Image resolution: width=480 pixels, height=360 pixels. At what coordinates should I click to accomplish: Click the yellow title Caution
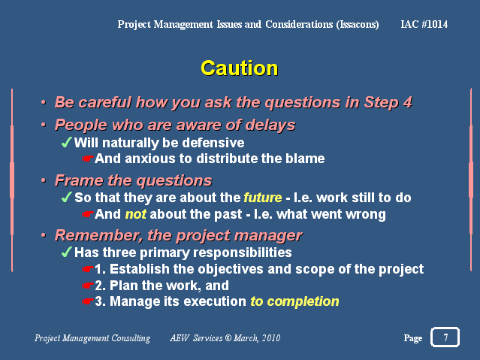(x=240, y=68)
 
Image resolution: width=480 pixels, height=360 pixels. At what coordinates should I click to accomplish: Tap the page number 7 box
(x=445, y=337)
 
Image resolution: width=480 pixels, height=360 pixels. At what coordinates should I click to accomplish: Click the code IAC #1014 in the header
(x=424, y=24)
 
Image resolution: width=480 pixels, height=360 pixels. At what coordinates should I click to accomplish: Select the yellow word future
(x=263, y=198)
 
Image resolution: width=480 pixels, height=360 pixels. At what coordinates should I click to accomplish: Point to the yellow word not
(x=136, y=214)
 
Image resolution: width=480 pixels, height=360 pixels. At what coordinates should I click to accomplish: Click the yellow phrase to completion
(x=294, y=301)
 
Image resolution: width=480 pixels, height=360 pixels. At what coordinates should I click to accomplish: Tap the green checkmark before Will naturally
(x=66, y=143)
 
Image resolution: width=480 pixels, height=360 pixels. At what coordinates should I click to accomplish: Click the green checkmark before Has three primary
(x=66, y=253)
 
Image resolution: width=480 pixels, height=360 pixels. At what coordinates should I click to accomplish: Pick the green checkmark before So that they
(x=66, y=198)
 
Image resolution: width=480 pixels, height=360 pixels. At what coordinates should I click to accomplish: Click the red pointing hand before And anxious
(x=88, y=159)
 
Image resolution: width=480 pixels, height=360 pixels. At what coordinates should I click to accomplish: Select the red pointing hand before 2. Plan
(x=88, y=286)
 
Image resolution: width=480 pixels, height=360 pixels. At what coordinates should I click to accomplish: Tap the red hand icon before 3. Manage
(x=88, y=302)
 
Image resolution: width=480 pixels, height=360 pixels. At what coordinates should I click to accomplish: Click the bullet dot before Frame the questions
(x=44, y=180)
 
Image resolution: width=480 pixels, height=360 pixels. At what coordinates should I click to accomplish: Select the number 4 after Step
(x=407, y=102)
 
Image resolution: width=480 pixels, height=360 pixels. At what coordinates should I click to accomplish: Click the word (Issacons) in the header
(x=358, y=25)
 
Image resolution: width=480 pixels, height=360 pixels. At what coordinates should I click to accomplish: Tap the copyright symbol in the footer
(x=228, y=338)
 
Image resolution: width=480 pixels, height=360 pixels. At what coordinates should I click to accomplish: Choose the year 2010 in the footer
(x=271, y=338)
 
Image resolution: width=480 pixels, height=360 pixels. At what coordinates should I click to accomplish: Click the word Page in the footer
(x=413, y=338)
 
